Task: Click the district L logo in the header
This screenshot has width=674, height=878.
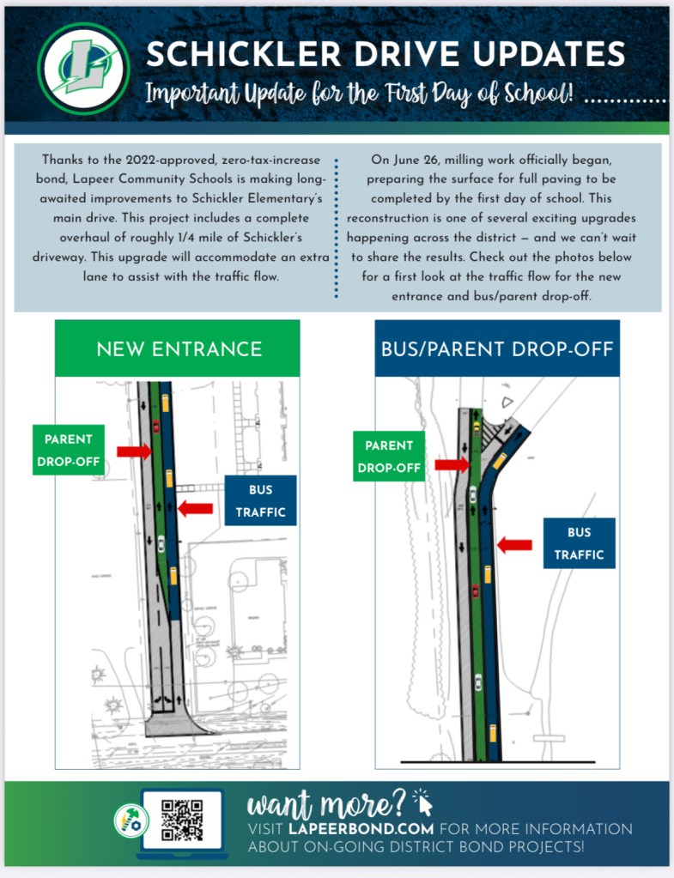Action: [84, 68]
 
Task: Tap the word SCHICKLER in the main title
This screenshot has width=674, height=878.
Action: [227, 54]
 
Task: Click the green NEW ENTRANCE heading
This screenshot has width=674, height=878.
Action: [179, 349]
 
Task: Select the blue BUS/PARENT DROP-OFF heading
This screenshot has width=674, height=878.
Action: [497, 349]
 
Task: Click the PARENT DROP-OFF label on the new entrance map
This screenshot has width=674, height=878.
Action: [68, 451]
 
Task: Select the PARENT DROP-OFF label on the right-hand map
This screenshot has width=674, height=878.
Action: [388, 457]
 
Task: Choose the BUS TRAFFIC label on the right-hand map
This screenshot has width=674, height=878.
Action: [578, 543]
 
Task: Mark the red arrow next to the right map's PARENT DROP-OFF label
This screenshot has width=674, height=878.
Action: [451, 465]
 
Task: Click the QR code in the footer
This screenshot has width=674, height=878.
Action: [181, 820]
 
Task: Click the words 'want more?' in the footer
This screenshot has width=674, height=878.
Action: [326, 805]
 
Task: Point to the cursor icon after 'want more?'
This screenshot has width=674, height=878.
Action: [423, 802]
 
